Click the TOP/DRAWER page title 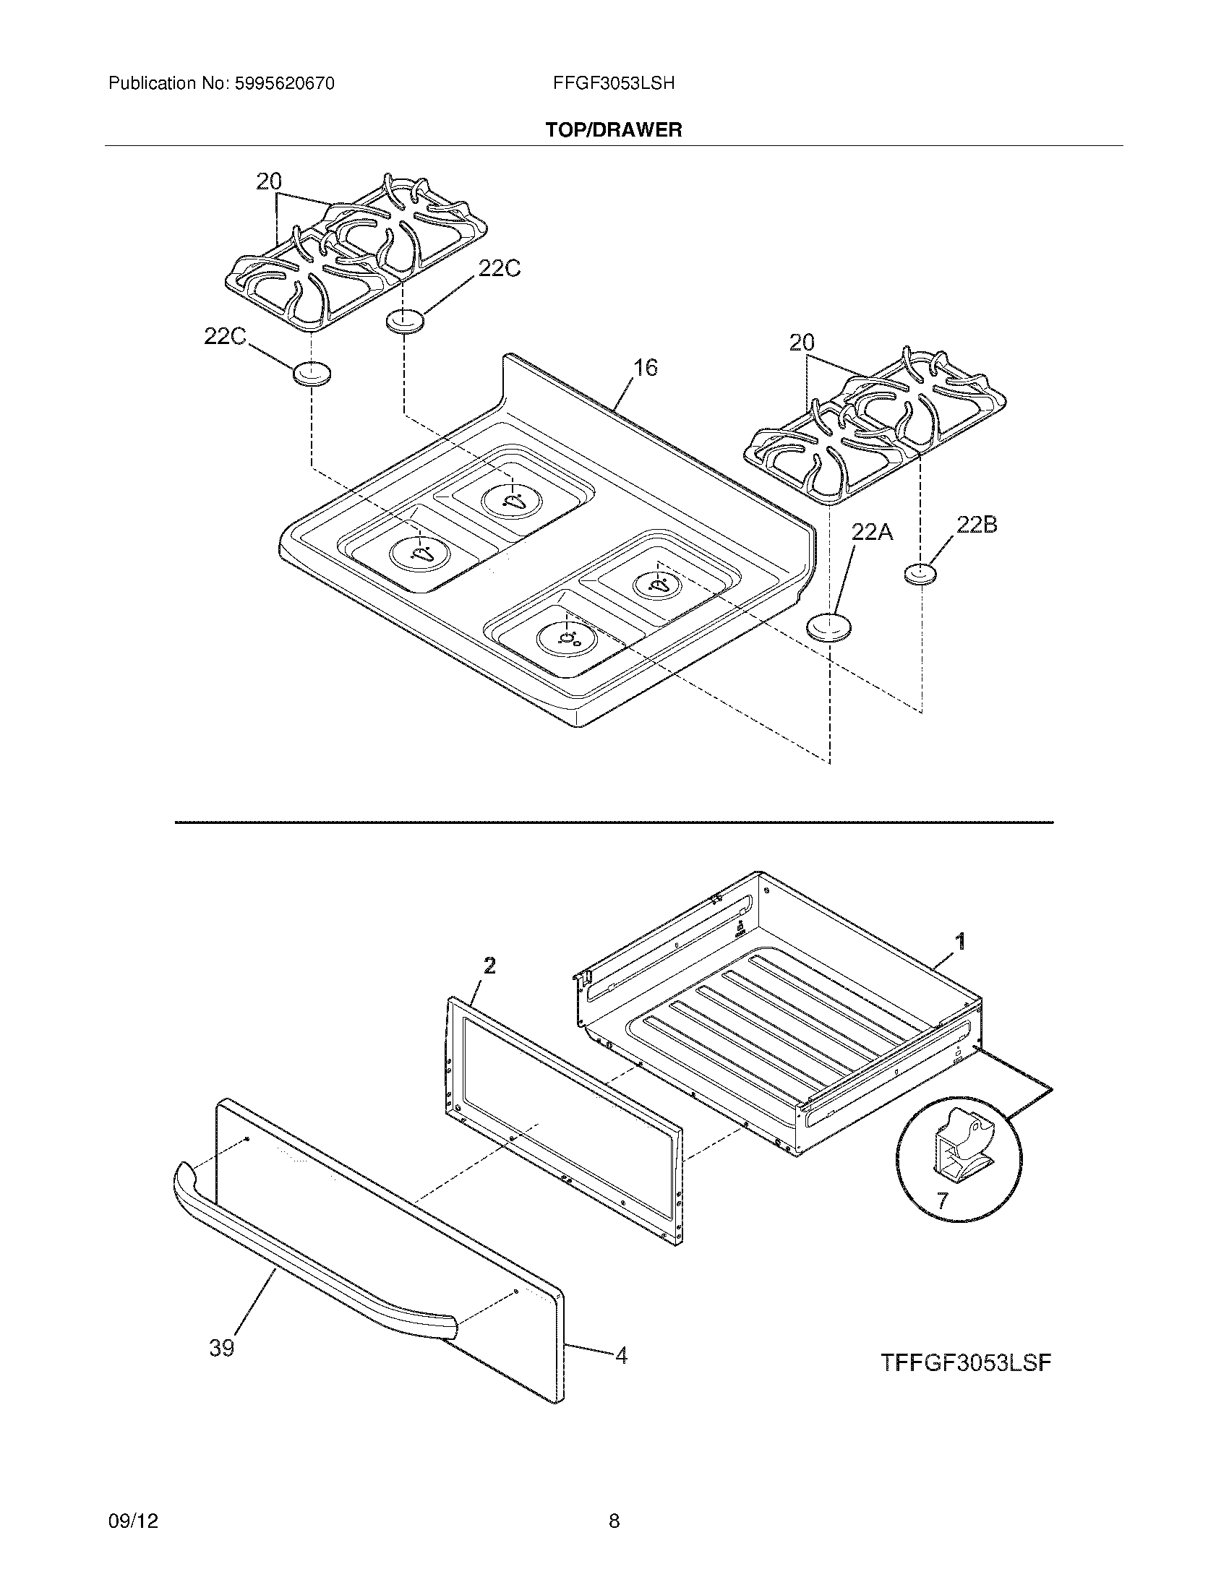pyautogui.click(x=614, y=130)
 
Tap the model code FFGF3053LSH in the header pyautogui.click(x=614, y=84)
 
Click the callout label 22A pyautogui.click(x=873, y=532)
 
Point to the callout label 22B pyautogui.click(x=977, y=525)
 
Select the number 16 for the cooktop pyautogui.click(x=645, y=368)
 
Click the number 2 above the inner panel pyautogui.click(x=490, y=966)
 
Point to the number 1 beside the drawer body pyautogui.click(x=960, y=942)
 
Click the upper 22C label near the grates pyautogui.click(x=499, y=270)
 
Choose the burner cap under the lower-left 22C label pyautogui.click(x=312, y=374)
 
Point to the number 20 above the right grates pyautogui.click(x=802, y=342)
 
